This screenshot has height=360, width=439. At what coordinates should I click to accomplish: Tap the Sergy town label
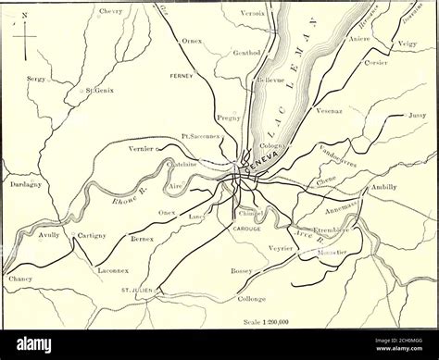[36, 81]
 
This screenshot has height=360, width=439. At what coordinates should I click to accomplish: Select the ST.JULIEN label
[136, 291]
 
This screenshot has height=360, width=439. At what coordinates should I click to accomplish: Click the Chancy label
[19, 278]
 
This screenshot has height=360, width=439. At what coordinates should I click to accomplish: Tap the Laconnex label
[115, 271]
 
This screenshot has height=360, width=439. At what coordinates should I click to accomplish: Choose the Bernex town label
[141, 239]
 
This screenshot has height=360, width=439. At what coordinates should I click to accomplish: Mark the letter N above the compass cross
[24, 16]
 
